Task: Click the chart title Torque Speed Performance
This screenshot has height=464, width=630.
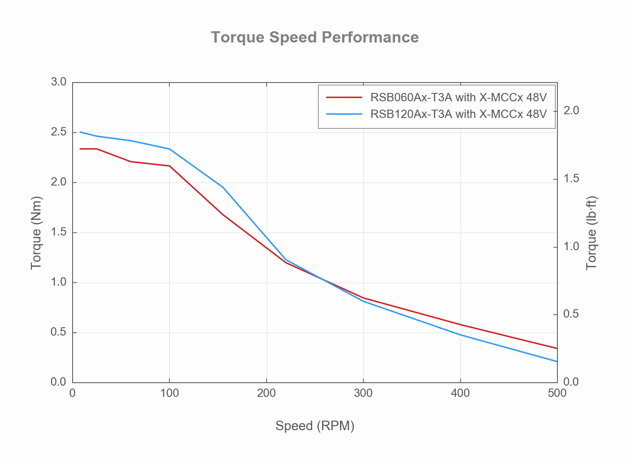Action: click(315, 38)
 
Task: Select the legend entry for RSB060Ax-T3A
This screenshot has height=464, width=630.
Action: click(458, 98)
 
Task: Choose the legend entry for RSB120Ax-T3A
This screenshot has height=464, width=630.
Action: click(458, 114)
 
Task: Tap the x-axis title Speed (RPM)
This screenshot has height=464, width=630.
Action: click(315, 426)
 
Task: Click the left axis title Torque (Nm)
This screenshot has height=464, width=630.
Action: click(36, 233)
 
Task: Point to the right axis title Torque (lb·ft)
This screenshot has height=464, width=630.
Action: click(592, 233)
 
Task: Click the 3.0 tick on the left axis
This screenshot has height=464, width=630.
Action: click(59, 82)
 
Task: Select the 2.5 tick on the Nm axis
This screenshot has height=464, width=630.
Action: click(59, 132)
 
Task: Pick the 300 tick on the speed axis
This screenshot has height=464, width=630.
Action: click(363, 393)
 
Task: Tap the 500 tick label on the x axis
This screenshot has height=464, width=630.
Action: click(557, 393)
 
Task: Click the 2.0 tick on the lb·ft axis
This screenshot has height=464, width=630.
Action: click(571, 111)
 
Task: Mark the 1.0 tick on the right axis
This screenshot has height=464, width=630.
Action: click(571, 247)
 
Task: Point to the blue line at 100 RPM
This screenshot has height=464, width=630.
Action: click(169, 149)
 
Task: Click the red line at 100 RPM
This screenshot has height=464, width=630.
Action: click(169, 166)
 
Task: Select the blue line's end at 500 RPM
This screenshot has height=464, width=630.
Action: click(557, 361)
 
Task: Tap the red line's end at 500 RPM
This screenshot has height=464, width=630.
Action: click(557, 348)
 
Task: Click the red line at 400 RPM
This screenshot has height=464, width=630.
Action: click(460, 325)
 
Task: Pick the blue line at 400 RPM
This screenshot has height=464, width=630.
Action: click(460, 335)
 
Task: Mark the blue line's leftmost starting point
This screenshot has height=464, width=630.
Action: click(80, 132)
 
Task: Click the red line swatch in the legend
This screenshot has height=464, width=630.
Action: click(344, 98)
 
